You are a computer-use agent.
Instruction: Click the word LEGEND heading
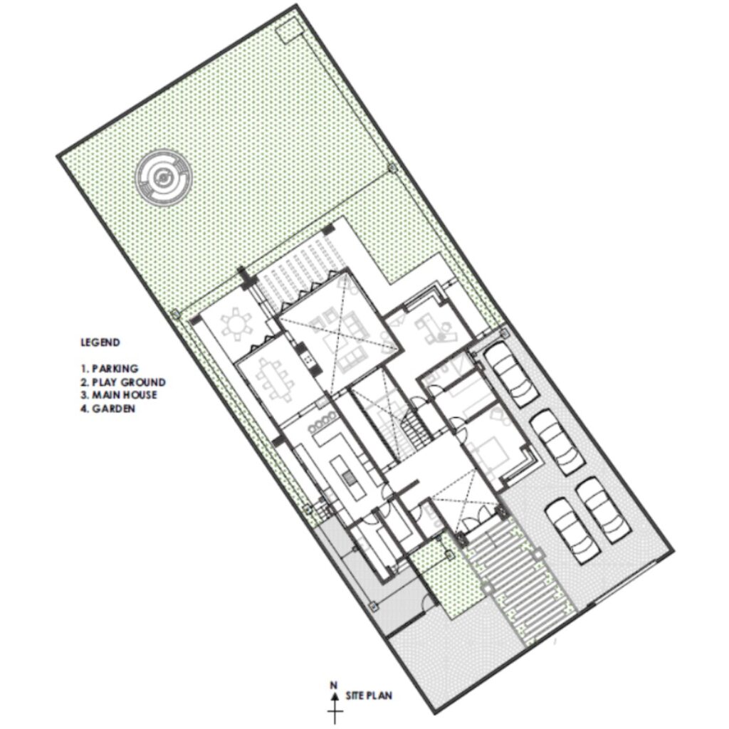(x=100, y=342)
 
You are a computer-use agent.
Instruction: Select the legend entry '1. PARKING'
(x=110, y=369)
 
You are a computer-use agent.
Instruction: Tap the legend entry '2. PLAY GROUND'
(x=123, y=382)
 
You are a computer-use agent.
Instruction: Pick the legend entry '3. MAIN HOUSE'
(x=119, y=395)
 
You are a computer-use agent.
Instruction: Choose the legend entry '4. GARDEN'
(x=108, y=409)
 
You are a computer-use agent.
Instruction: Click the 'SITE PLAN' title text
(x=369, y=696)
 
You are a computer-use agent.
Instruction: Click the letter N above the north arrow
(x=333, y=685)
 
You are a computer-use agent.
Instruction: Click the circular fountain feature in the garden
(x=163, y=177)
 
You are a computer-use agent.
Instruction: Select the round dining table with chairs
(x=236, y=324)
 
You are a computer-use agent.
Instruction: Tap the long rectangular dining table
(x=275, y=380)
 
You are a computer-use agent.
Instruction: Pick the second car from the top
(x=557, y=441)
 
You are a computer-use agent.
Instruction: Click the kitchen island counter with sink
(x=347, y=478)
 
